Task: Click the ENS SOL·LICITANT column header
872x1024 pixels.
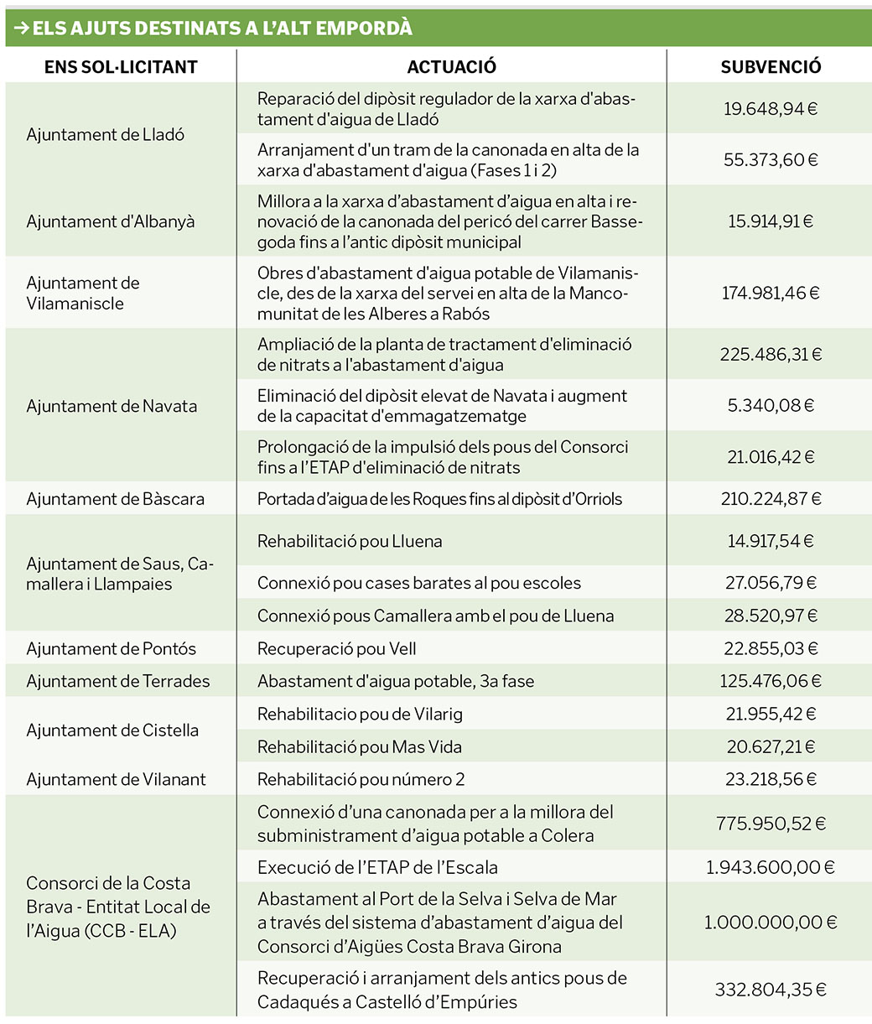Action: click(x=121, y=67)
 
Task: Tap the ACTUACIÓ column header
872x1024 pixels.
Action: click(x=451, y=67)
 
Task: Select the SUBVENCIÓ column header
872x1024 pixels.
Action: click(x=771, y=67)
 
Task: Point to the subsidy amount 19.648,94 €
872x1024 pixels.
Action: click(x=771, y=109)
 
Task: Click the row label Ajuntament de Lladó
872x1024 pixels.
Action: click(x=106, y=134)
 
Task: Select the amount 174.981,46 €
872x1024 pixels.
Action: click(x=771, y=293)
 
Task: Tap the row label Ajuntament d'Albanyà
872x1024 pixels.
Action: click(x=110, y=221)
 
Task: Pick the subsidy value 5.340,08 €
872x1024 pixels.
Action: click(x=771, y=406)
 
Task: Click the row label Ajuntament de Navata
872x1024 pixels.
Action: click(x=112, y=406)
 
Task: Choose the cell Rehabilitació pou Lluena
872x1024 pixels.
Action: click(x=350, y=541)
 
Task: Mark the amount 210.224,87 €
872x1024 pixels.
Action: click(x=771, y=499)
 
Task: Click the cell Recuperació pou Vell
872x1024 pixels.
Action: click(x=337, y=648)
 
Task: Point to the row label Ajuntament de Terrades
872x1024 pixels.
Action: click(x=118, y=681)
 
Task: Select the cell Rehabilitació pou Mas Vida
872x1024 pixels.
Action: click(x=360, y=746)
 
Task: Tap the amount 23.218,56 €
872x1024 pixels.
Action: click(x=771, y=779)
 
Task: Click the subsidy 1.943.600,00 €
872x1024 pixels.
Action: click(x=771, y=867)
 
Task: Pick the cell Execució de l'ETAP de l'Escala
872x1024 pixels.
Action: click(x=390, y=867)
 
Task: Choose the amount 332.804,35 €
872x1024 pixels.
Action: click(x=771, y=990)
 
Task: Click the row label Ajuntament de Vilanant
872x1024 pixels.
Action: click(x=116, y=779)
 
